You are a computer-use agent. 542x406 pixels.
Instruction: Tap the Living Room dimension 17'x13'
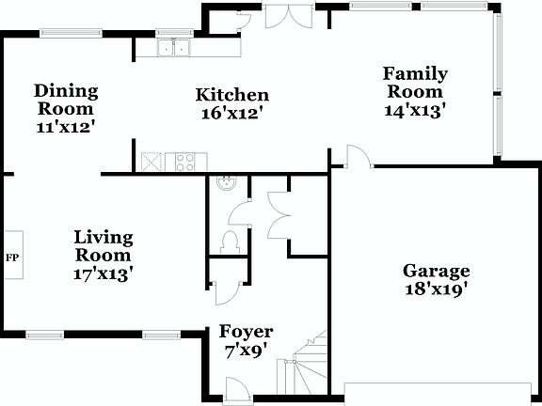(104, 273)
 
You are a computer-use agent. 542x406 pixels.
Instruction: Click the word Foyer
(246, 332)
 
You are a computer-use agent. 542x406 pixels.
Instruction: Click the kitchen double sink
(174, 48)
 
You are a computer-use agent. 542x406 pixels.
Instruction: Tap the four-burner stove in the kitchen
(182, 162)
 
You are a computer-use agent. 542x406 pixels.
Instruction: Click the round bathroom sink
(225, 184)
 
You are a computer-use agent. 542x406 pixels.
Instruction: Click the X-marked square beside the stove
(151, 162)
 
